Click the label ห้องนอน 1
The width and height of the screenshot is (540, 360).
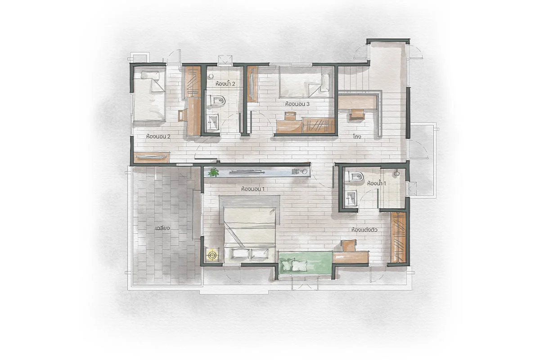pos(252,189)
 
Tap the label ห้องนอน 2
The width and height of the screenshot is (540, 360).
pos(158,136)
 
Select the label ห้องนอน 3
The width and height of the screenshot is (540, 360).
pos(297,104)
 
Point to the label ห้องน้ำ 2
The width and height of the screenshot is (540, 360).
pos(225,84)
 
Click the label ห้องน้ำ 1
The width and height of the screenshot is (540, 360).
pos(376,184)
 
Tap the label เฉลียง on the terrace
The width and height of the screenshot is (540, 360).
pos(163,228)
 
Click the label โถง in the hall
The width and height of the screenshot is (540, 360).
pos(357,137)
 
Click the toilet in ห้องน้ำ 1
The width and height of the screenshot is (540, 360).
pos(355,176)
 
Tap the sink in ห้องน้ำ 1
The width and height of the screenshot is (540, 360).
pos(351,198)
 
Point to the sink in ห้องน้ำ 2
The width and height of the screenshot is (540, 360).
pos(212,122)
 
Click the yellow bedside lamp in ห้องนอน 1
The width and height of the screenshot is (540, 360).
pos(212,255)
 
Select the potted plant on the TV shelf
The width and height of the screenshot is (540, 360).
pos(213,172)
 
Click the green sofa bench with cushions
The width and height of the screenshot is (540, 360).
pos(306,265)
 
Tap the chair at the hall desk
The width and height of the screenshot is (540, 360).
pos(357,114)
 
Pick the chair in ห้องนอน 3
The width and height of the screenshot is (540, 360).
pos(291,116)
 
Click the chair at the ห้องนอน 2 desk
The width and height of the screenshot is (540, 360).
pos(183,115)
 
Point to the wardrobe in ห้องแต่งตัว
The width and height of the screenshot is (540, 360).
pos(398,238)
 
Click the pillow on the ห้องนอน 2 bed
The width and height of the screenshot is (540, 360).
pos(150,75)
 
